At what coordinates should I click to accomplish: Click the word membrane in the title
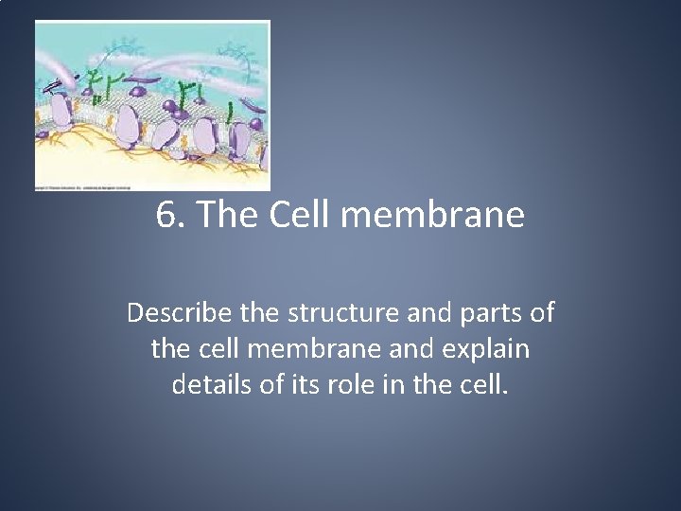(x=431, y=216)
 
